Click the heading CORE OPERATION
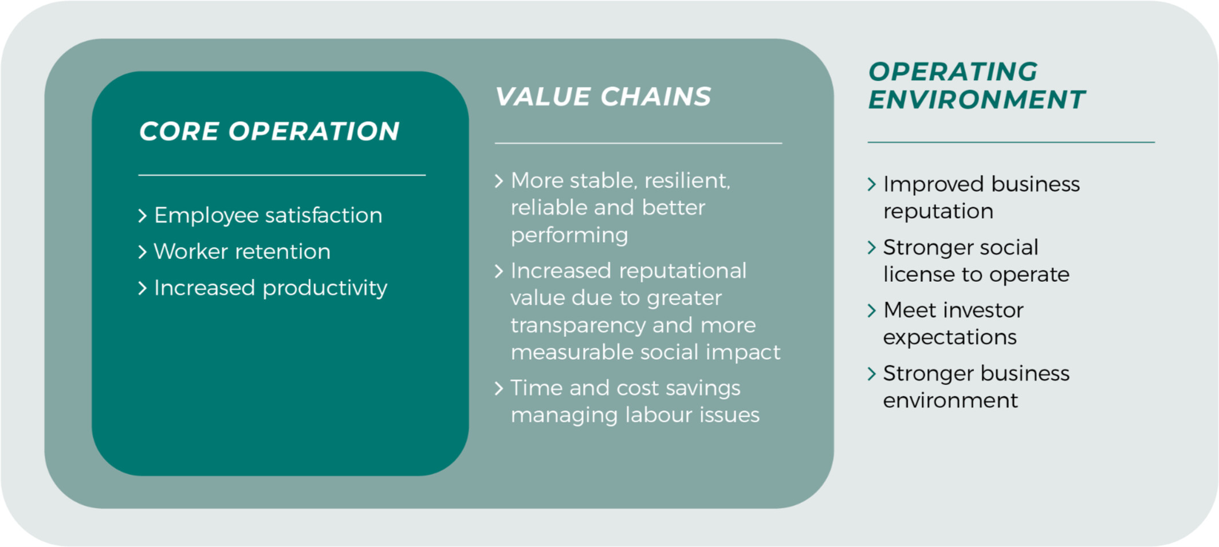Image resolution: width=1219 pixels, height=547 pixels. [269, 131]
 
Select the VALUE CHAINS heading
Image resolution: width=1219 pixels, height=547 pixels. [603, 96]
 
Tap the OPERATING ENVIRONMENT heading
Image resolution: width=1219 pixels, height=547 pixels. [977, 85]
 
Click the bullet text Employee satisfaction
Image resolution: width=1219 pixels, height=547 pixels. [268, 215]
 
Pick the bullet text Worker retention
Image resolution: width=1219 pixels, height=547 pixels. [242, 251]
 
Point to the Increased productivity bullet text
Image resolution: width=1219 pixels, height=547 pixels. [271, 288]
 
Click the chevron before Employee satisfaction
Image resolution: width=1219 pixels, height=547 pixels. [143, 216]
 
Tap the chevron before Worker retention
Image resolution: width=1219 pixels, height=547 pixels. [143, 252]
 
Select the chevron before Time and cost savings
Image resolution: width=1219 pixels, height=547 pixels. [499, 388]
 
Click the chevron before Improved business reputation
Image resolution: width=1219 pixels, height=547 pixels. [872, 184]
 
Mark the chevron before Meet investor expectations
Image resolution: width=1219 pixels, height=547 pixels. [872, 310]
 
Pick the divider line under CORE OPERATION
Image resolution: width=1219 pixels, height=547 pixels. [282, 175]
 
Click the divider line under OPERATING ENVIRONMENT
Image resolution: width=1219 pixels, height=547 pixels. [1011, 142]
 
